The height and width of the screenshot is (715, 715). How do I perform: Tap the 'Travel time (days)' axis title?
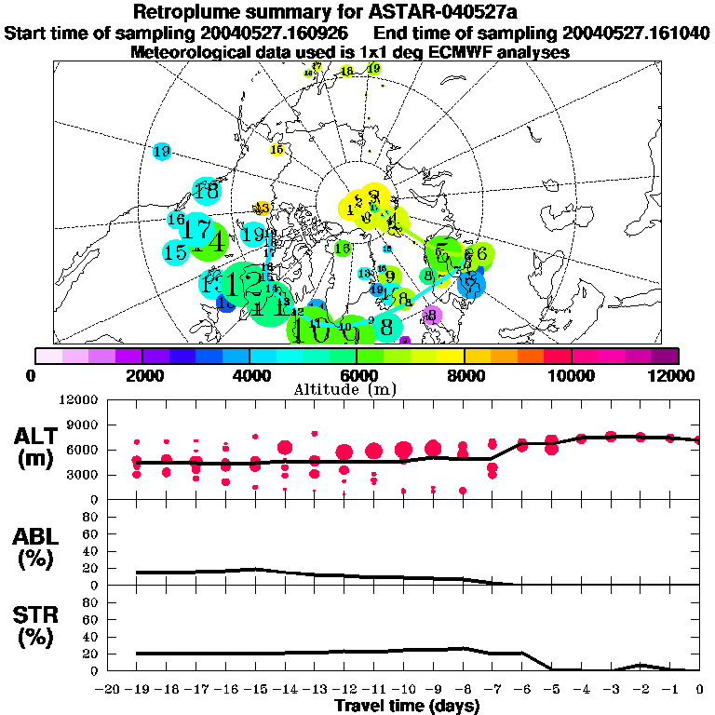click(407, 706)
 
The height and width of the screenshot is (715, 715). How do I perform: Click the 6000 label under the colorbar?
click(357, 375)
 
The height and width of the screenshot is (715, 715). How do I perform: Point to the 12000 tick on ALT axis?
click(80, 400)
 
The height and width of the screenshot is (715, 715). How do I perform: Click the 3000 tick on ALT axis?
click(84, 475)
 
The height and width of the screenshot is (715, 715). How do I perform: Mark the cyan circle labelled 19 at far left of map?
click(162, 152)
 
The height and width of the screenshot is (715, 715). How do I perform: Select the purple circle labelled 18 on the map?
click(430, 316)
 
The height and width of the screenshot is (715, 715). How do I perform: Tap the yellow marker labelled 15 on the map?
click(277, 150)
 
